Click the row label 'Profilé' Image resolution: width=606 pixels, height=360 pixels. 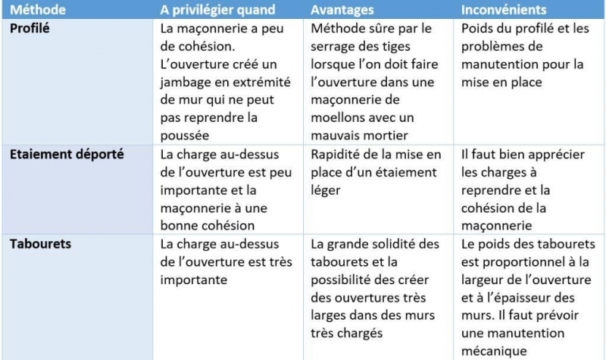click(x=32, y=28)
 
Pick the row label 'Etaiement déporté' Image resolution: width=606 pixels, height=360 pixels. click(x=66, y=154)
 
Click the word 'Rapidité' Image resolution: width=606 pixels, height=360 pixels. click(x=339, y=154)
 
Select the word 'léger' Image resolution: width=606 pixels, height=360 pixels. click(x=326, y=189)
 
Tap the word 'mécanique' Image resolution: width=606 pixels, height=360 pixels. click(x=496, y=351)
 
